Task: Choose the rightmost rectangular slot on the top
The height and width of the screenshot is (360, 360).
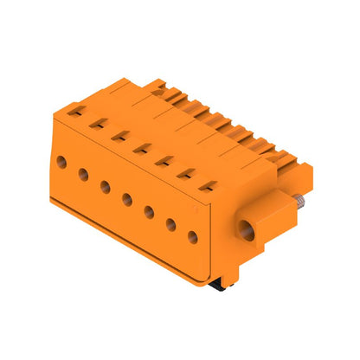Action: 208,183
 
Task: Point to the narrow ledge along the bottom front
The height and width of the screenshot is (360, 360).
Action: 130,234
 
